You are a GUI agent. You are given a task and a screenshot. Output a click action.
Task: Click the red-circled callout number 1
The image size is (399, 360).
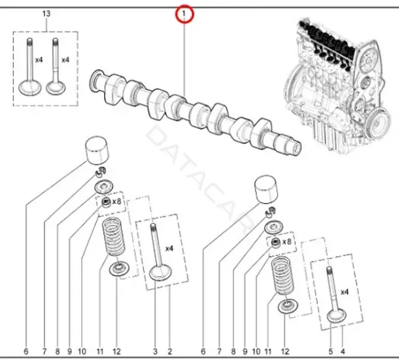click(184, 13)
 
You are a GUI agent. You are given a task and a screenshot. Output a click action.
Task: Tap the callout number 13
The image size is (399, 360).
click(46, 13)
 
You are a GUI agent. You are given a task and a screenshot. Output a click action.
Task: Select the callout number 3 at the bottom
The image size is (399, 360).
click(155, 352)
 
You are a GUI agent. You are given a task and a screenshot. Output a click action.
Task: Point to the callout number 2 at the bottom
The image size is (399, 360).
click(170, 352)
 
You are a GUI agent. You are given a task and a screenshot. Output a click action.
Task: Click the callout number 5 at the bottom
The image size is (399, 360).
click(331, 352)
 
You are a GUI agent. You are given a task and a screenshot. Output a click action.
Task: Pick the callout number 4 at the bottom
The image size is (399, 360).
click(343, 352)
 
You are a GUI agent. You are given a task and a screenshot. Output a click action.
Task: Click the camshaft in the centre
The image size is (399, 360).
click(196, 112)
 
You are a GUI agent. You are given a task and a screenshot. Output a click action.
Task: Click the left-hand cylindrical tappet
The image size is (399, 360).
click(97, 151)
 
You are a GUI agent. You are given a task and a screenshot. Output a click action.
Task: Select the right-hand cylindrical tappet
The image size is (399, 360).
click(266, 189)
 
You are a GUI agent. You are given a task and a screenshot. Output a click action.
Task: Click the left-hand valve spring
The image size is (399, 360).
click(113, 236)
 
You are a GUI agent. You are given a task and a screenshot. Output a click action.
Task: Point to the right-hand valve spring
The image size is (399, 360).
click(281, 276)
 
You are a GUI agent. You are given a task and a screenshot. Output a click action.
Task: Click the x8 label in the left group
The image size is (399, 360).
click(116, 202)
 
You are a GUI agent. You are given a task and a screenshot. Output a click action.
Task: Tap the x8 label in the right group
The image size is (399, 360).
click(287, 241)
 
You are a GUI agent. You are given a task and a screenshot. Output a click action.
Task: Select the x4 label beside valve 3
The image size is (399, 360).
click(169, 248)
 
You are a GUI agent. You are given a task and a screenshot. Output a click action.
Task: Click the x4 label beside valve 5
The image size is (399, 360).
click(344, 292)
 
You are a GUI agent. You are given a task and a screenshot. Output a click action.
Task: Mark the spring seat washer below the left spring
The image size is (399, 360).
click(119, 269)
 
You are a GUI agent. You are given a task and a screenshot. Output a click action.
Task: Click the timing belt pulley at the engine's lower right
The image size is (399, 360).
click(379, 124)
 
